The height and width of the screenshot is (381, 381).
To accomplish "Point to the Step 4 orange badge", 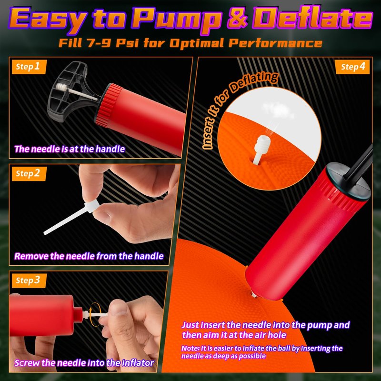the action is click(x=352, y=67).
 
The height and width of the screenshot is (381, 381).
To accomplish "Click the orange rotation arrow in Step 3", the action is click(x=93, y=314).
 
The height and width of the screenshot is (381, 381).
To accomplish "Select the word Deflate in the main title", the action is click(x=312, y=18).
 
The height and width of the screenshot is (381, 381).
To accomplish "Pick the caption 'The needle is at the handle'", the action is click(x=70, y=149).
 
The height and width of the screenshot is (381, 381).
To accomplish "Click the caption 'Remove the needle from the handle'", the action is click(x=89, y=256).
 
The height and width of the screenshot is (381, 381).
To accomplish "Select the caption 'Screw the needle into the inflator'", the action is click(x=84, y=363).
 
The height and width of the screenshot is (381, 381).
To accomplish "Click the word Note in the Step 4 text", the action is click(x=190, y=348).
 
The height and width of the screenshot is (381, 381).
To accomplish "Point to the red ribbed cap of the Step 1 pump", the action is click(x=109, y=104).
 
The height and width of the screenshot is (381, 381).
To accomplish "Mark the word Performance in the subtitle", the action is click(x=275, y=43).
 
